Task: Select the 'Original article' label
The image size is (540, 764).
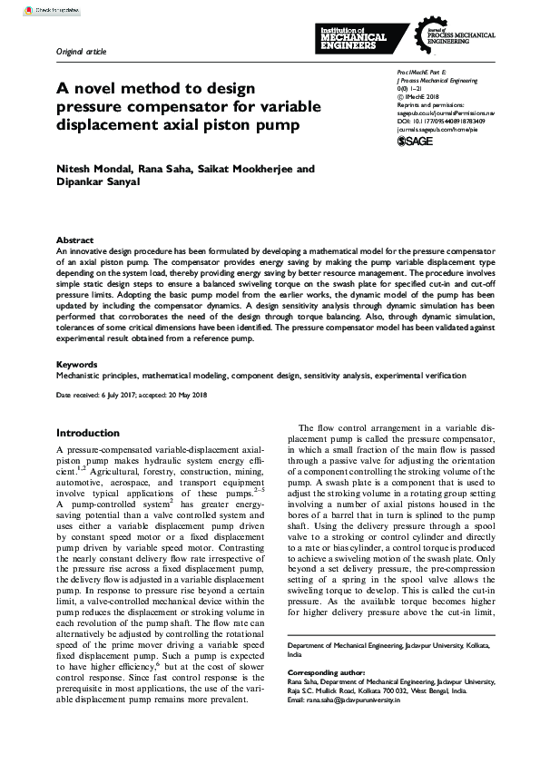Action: (81, 51)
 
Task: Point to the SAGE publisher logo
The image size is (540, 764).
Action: (416, 142)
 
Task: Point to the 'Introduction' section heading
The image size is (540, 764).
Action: (88, 433)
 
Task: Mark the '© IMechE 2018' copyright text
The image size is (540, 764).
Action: (418, 96)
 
